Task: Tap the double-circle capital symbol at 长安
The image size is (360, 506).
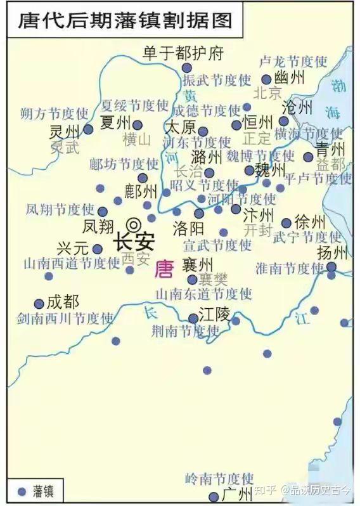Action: pos(134,224)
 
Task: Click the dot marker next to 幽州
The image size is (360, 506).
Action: pos(267,80)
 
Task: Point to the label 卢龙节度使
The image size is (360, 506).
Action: pos(293,62)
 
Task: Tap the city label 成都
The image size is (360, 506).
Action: pos(63,301)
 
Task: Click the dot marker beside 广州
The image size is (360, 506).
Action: pos(214,496)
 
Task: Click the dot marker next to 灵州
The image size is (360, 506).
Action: pos(89,129)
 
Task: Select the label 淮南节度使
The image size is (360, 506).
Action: pos(289,268)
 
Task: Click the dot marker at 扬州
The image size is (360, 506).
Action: pos(331,267)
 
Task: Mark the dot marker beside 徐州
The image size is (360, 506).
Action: pos(286,223)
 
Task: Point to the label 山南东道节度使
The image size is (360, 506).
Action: pos(203,294)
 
